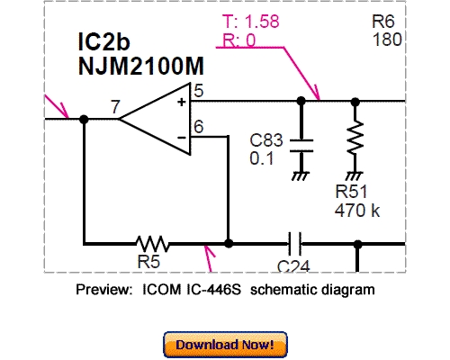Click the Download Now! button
point(225,345)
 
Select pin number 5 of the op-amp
point(198,90)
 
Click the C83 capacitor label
point(266,142)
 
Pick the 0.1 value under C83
point(261,158)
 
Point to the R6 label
point(383,22)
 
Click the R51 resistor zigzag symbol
point(355,139)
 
